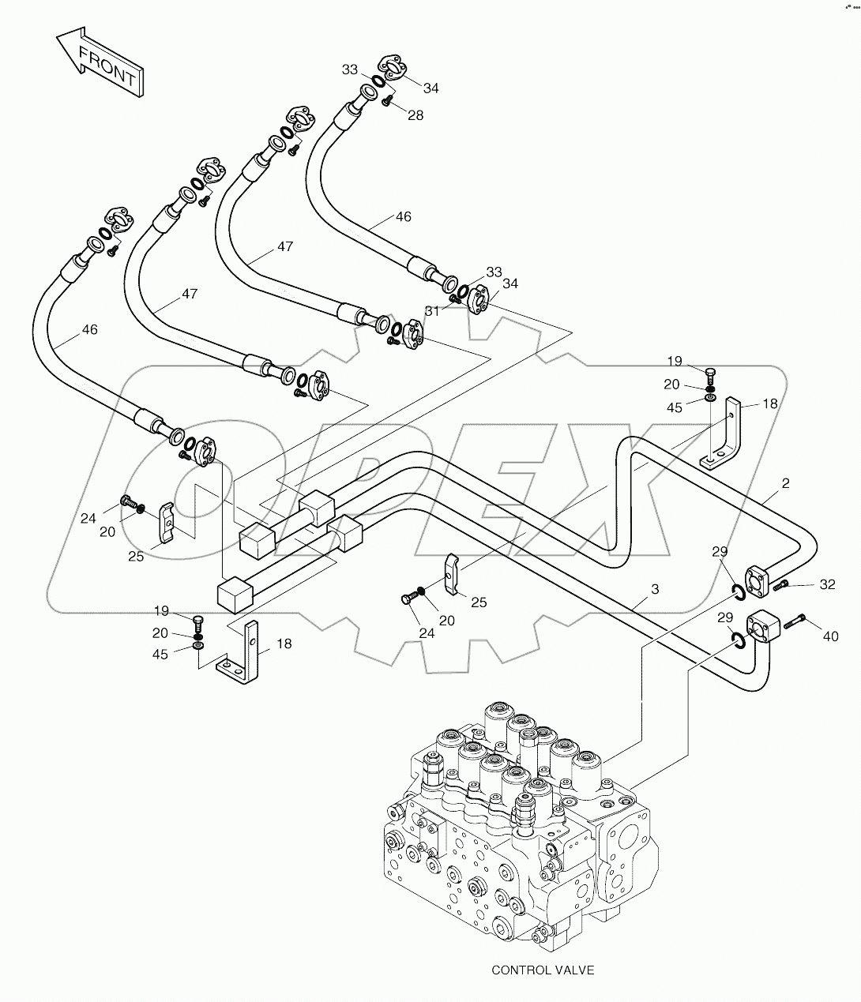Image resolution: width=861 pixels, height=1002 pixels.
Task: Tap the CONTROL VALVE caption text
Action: coord(542,970)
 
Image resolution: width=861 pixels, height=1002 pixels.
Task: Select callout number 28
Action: coord(415,115)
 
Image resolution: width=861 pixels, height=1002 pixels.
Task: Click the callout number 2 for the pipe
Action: coord(785,483)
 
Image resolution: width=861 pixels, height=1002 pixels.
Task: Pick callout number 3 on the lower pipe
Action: coord(655,589)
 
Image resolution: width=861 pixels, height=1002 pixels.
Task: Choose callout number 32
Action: coord(827,585)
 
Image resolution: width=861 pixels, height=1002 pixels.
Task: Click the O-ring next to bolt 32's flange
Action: coord(735,592)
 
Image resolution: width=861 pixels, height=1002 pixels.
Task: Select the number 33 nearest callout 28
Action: coord(350,69)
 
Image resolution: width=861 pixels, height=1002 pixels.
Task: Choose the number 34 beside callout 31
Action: coord(510,283)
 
